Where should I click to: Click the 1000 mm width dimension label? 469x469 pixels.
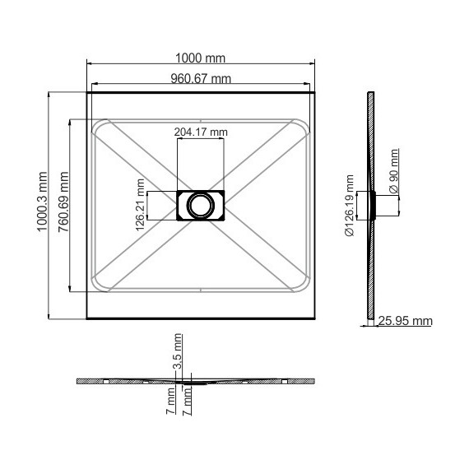tap(200, 58)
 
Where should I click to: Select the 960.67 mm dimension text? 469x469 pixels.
tap(201, 79)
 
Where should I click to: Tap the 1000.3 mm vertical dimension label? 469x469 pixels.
tap(42, 202)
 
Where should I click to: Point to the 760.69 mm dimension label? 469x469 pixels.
tap(63, 202)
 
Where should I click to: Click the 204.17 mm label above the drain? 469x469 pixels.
tap(201, 132)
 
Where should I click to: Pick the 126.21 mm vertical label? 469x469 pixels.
tap(140, 205)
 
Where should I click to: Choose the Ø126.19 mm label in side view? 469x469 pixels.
tap(349, 206)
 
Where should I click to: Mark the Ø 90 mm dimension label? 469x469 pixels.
tap(394, 171)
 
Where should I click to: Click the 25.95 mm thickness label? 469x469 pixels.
tap(406, 321)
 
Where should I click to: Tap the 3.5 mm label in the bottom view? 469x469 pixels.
tap(178, 351)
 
